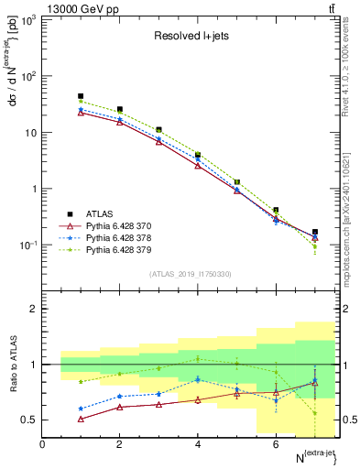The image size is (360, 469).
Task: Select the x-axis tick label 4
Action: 198,444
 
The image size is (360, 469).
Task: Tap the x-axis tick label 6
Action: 276,444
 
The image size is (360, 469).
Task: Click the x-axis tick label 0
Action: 42,444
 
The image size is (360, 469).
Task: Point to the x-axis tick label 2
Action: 120,444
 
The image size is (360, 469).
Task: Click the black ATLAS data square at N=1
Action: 81,96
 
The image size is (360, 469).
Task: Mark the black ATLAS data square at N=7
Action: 315,233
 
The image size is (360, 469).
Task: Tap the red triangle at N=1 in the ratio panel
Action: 81,419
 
